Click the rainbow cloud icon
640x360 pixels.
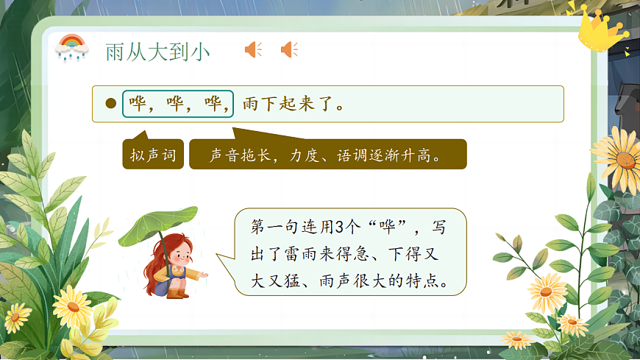(x=71, y=49)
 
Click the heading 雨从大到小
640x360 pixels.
(x=157, y=51)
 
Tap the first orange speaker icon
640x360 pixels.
(x=253, y=49)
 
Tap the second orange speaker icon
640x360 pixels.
(x=289, y=49)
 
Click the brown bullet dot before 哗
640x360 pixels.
(x=111, y=104)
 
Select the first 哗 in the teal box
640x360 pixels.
(x=138, y=104)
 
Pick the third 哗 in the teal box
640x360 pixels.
(x=216, y=104)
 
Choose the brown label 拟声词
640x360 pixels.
(x=153, y=155)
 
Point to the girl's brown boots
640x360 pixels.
(x=177, y=292)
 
